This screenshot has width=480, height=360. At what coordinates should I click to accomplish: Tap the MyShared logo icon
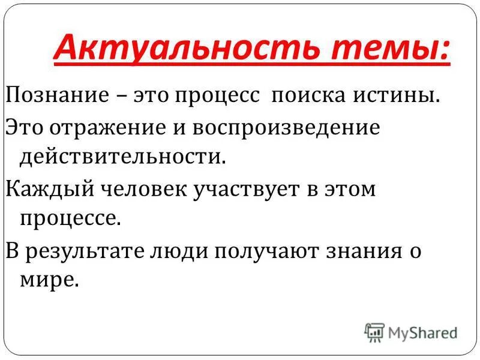(374, 332)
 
